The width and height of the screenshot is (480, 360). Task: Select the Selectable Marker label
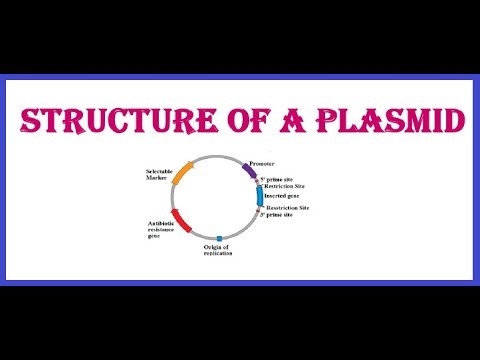coord(160,175)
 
